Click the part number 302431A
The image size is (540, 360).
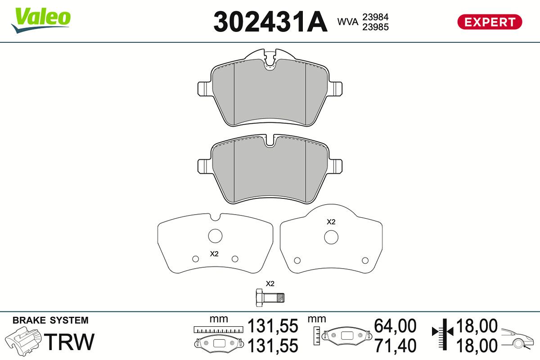click(x=270, y=22)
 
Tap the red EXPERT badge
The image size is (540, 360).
click(x=490, y=22)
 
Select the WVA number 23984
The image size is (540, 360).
click(x=375, y=17)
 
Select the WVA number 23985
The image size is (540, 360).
click(x=375, y=27)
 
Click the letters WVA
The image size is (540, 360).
click(x=347, y=22)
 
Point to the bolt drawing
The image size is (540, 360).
click(x=270, y=297)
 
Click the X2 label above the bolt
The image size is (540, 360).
click(x=270, y=283)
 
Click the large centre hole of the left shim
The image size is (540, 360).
click(x=215, y=236)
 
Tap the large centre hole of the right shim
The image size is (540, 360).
click(x=331, y=237)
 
